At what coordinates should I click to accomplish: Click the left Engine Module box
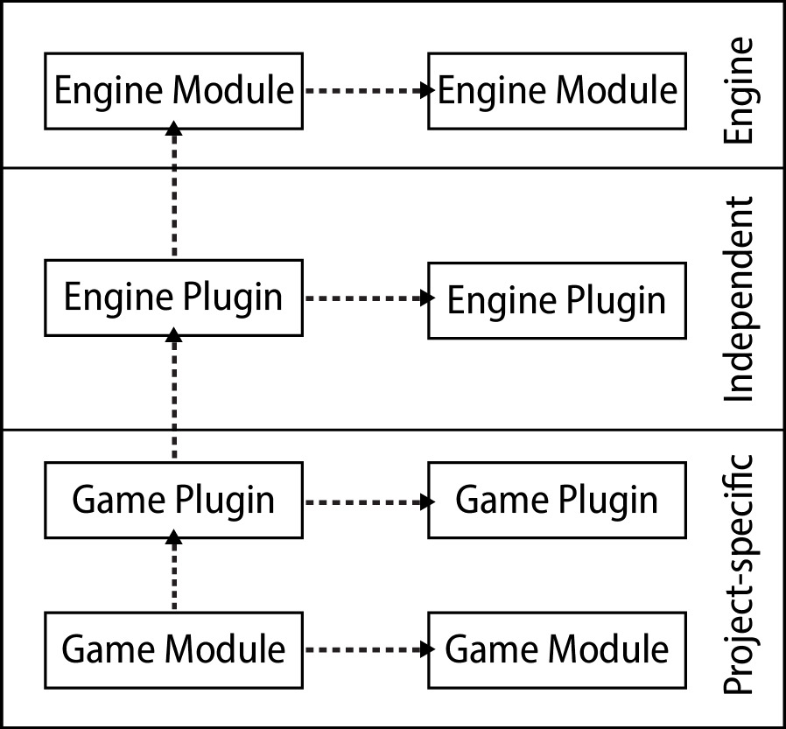[x=173, y=90]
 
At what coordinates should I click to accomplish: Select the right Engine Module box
[x=557, y=90]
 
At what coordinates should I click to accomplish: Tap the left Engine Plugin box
[x=173, y=298]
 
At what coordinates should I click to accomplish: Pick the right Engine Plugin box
[x=557, y=299]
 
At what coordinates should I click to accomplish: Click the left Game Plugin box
[x=173, y=501]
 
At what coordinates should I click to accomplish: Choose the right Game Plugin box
[x=557, y=501]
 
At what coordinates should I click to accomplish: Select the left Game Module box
[x=173, y=649]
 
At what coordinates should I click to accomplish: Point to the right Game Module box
[x=557, y=649]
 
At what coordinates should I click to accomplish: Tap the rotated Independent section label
[x=739, y=298]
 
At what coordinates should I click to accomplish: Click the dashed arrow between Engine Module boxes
[x=366, y=90]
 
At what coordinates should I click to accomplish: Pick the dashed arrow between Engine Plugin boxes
[x=366, y=298]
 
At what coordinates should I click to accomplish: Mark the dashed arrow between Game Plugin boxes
[x=366, y=501]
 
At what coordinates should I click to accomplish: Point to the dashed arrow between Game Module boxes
[x=366, y=649]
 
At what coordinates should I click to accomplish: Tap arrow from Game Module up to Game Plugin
[x=174, y=573]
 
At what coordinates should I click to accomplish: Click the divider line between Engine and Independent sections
[x=394, y=167]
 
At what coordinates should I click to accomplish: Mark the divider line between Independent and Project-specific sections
[x=394, y=430]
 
